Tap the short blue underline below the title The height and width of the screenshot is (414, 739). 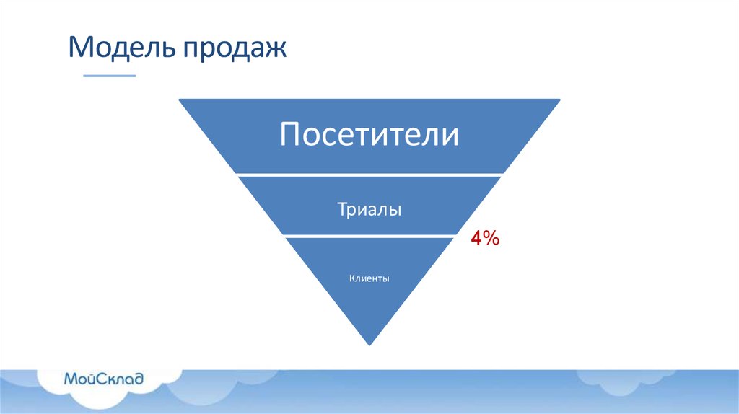(109, 76)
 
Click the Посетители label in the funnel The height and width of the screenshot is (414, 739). (369, 135)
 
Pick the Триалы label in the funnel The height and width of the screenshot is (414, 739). (369, 210)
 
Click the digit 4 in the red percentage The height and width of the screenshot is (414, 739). (477, 239)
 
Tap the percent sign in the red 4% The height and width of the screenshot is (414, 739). (492, 239)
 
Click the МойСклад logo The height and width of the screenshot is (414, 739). (103, 378)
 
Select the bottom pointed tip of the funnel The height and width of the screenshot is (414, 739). (369, 343)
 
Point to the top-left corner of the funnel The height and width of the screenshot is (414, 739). (180, 100)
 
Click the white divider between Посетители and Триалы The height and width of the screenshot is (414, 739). (369, 175)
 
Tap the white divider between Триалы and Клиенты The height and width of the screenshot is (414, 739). (369, 236)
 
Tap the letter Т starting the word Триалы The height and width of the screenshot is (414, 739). (341, 210)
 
